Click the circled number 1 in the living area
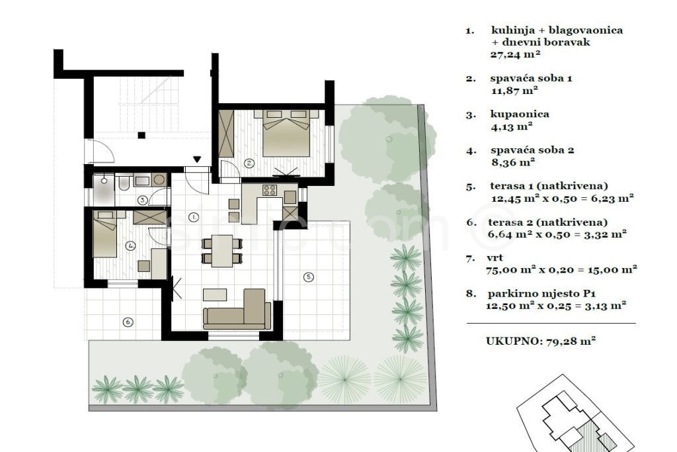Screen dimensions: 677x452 pyautogui.click(x=194, y=217)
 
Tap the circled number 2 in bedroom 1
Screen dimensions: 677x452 pyautogui.click(x=249, y=163)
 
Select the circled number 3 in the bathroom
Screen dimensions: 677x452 pyautogui.click(x=143, y=201)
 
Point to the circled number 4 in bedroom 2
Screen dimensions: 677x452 pyautogui.click(x=130, y=246)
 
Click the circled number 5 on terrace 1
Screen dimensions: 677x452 pyautogui.click(x=308, y=277)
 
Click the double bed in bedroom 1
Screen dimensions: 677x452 pyautogui.click(x=287, y=133)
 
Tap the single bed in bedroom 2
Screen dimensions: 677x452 pyautogui.click(x=105, y=234)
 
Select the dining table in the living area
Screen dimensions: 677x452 pyautogui.click(x=222, y=251)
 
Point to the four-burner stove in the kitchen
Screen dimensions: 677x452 pyautogui.click(x=270, y=190)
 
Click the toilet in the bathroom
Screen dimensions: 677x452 pyautogui.click(x=124, y=183)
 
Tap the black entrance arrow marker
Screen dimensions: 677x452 pyautogui.click(x=197, y=159)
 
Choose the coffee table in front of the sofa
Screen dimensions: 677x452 pyautogui.click(x=215, y=294)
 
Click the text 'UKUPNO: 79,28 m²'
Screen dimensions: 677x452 pyautogui.click(x=541, y=341)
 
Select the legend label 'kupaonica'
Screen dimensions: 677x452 pyautogui.click(x=520, y=114)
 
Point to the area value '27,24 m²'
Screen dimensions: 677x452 pyautogui.click(x=516, y=54)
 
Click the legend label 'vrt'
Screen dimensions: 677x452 pyautogui.click(x=495, y=257)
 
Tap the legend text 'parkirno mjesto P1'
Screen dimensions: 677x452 pyautogui.click(x=542, y=294)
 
